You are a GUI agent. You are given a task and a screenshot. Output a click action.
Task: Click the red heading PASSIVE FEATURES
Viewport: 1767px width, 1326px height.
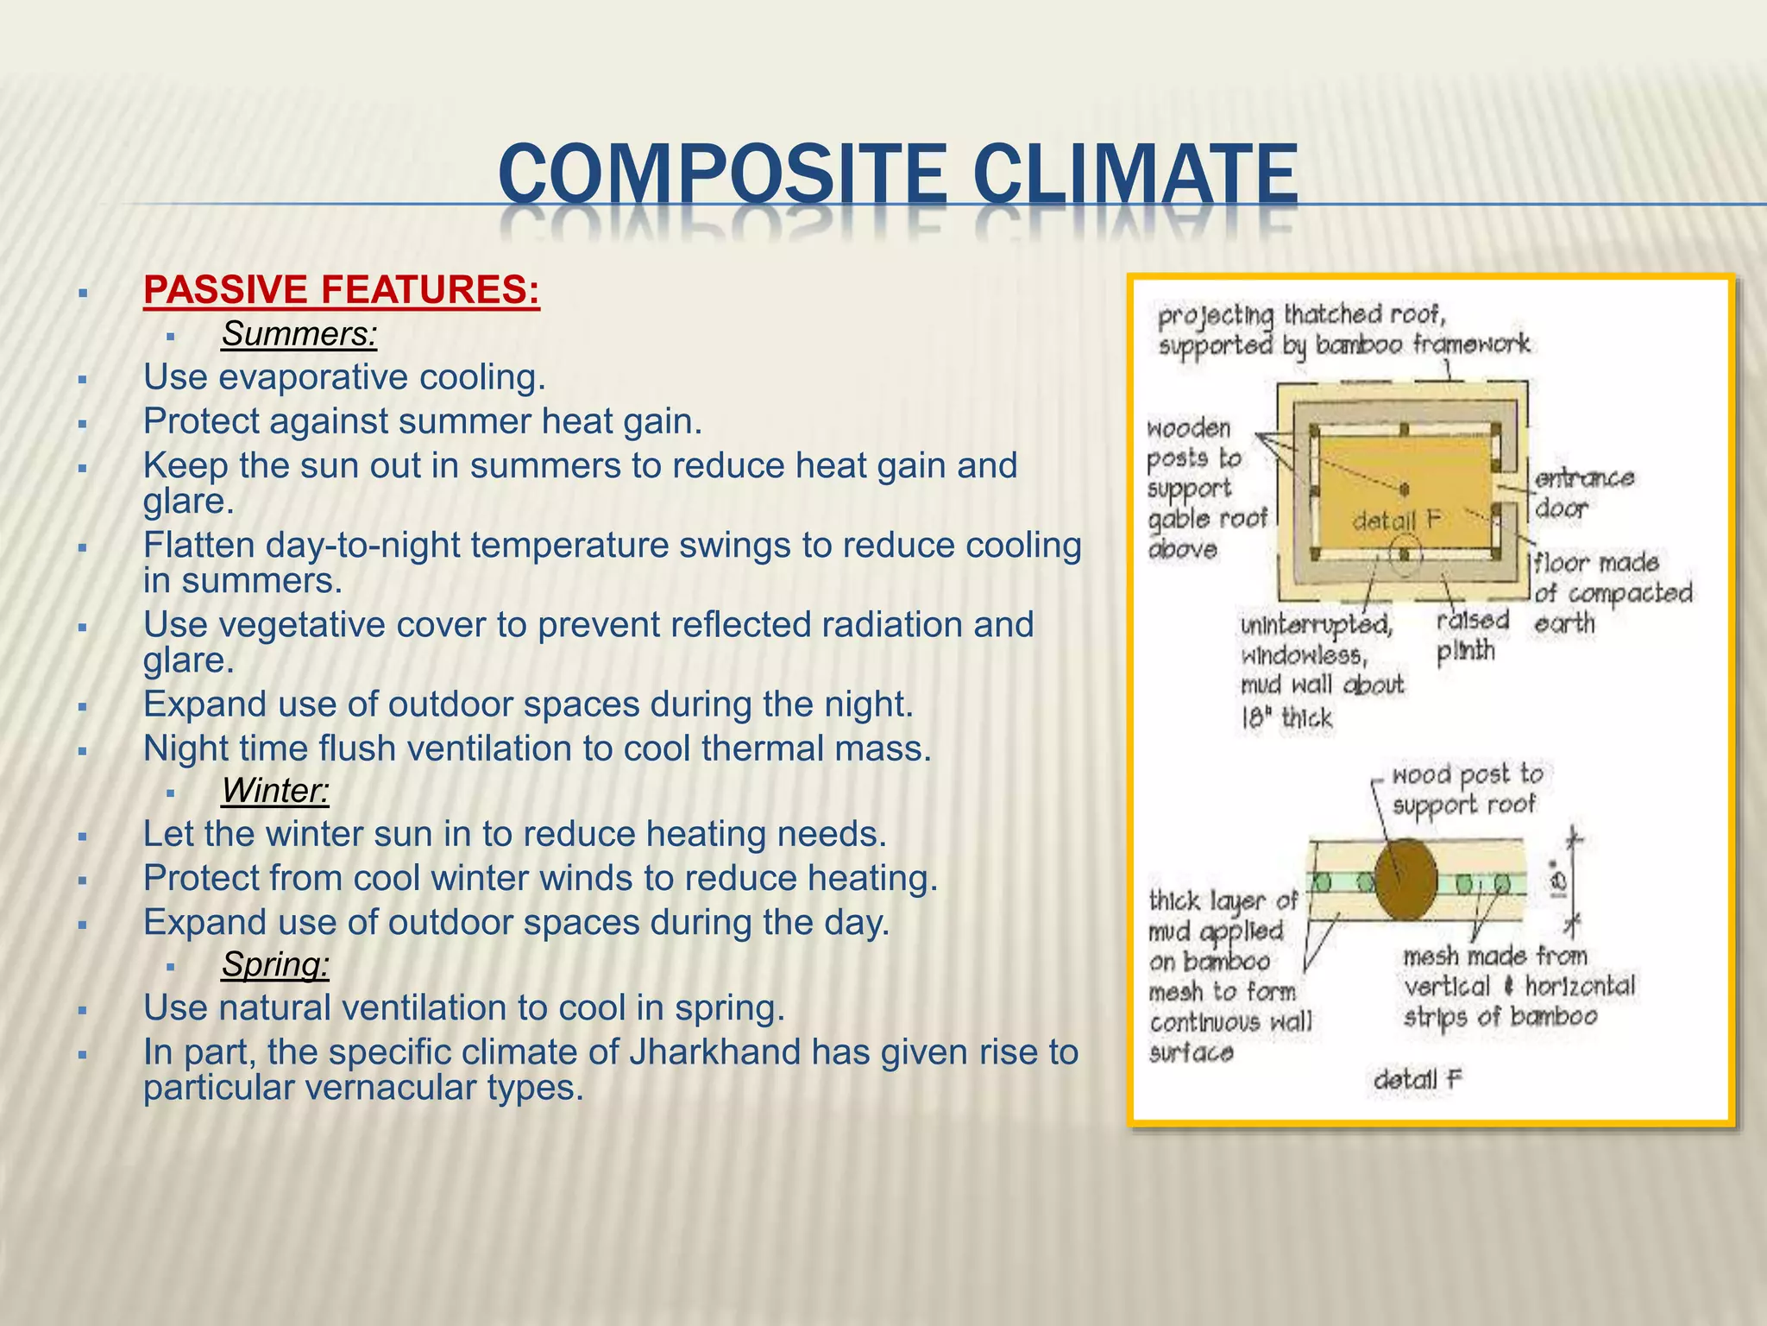[x=341, y=290]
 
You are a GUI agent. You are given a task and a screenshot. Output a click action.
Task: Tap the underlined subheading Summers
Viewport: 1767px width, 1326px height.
[x=299, y=334]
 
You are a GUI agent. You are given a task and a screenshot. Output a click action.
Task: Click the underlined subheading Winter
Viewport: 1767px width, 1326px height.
[x=274, y=791]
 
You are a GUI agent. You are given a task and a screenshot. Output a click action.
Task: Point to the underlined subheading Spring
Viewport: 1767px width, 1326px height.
[x=274, y=964]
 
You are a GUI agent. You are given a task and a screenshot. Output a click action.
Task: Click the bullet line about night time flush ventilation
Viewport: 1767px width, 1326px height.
[x=537, y=748]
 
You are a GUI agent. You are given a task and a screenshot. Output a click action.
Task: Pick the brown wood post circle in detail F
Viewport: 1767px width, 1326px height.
[x=1405, y=880]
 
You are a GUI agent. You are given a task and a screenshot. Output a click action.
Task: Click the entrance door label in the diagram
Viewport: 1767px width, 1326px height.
[x=1583, y=493]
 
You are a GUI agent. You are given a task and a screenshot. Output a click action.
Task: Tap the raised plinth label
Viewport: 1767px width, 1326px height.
[x=1471, y=635]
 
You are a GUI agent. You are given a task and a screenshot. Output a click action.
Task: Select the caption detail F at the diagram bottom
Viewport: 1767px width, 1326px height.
[x=1418, y=1079]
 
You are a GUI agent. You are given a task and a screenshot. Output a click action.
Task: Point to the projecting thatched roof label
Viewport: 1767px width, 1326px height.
[x=1342, y=330]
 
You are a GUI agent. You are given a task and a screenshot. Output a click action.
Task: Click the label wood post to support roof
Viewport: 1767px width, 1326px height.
[x=1466, y=789]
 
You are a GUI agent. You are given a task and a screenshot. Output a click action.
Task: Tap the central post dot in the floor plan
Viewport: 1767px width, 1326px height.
[x=1405, y=489]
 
